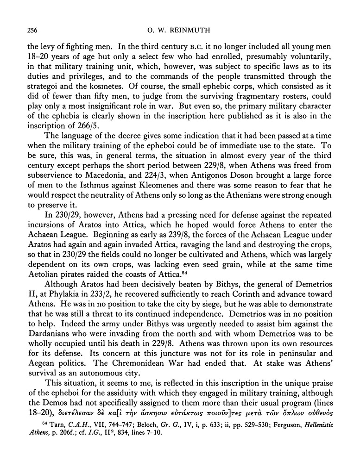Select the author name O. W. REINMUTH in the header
[179, 31]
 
